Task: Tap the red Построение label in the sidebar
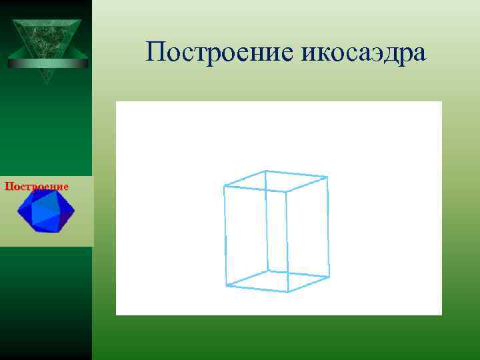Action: coord(37,187)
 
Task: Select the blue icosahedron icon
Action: coord(46,211)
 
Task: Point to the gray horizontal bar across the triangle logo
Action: coord(47,63)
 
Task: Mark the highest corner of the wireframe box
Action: coord(266,171)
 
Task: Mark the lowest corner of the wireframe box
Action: coord(287,292)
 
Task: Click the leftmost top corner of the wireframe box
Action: coord(225,187)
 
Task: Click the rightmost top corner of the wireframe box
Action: coord(327,177)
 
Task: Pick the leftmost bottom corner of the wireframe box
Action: coord(227,285)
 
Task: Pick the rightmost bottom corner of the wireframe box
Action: coord(329,277)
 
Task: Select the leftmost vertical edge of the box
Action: coord(225,237)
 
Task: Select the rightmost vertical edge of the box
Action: coord(328,227)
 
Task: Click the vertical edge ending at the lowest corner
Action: coord(287,241)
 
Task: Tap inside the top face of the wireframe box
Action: coord(276,181)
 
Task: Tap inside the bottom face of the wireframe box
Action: coord(278,281)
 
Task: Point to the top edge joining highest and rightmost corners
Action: coord(297,174)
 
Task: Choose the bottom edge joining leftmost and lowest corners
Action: coord(257,289)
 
